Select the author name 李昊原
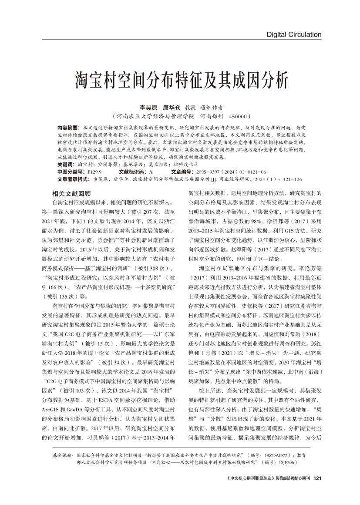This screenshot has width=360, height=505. [148, 107]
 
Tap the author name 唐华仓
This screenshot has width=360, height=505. [171, 107]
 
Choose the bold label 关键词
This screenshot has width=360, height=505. [66, 165]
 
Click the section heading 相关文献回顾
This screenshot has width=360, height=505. [71, 194]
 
